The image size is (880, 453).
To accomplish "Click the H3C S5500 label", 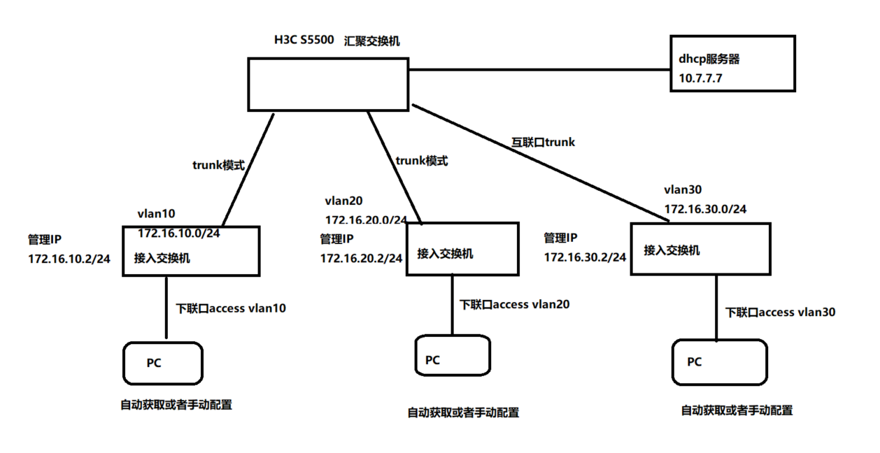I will click(x=304, y=40).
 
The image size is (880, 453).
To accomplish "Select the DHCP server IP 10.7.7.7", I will click(x=696, y=78).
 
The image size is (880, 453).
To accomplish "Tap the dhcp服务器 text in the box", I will click(x=709, y=59).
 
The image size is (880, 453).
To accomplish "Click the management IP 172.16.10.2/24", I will click(x=69, y=259).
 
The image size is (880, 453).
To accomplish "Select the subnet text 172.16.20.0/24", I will click(x=366, y=220).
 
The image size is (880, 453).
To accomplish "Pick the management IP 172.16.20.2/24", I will click(x=361, y=258).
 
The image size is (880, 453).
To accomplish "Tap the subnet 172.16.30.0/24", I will click(x=705, y=209).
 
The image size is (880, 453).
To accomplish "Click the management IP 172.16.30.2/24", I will click(x=585, y=257).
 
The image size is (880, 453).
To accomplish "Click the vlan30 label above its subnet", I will click(x=683, y=189).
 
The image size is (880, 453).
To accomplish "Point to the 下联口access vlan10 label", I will click(x=231, y=308).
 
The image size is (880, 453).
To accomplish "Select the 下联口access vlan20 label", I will click(x=514, y=305).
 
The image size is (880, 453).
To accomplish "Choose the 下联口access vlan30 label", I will click(x=780, y=312).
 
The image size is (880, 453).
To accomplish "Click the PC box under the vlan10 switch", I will click(x=163, y=364).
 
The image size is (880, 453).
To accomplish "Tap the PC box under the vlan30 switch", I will click(x=719, y=362).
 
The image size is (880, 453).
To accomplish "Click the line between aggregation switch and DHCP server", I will click(x=539, y=70).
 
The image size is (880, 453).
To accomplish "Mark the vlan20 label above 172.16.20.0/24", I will click(x=343, y=201).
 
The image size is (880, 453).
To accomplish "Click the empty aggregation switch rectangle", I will click(x=328, y=85).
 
